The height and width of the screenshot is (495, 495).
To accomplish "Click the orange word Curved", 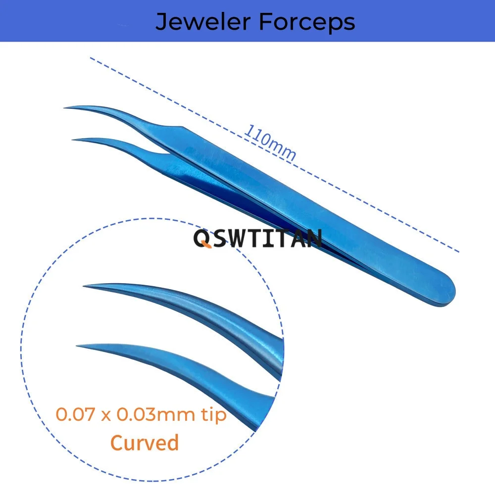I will [x=145, y=442].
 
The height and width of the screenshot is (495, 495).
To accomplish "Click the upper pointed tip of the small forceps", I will [x=65, y=107].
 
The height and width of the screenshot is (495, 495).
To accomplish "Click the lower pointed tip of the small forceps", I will [x=73, y=140].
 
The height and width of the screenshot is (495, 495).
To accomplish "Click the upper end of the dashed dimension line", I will [x=91, y=58].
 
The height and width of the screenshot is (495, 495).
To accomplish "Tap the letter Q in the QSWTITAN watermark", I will [x=201, y=239].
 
